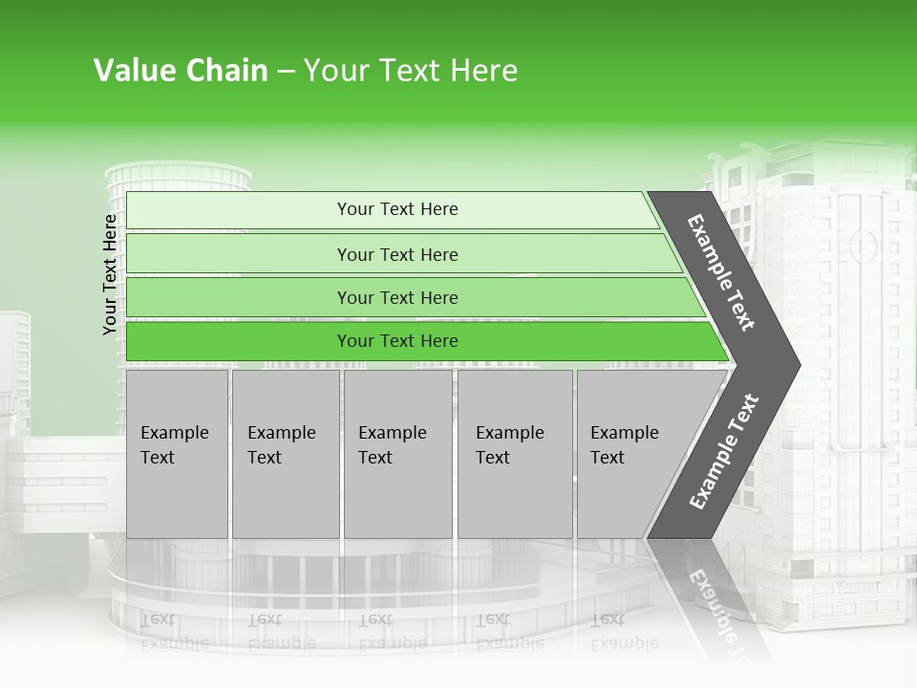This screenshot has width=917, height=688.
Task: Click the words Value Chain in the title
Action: tap(181, 71)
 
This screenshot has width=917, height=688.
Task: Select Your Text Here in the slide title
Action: tap(411, 71)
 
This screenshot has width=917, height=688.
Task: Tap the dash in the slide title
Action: tap(286, 72)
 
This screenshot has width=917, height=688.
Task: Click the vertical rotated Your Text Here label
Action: tap(110, 274)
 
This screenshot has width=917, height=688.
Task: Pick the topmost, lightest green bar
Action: tap(397, 209)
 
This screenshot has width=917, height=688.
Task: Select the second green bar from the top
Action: tap(397, 254)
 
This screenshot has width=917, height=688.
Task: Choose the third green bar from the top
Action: tap(397, 298)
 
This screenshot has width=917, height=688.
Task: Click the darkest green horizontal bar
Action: tap(397, 341)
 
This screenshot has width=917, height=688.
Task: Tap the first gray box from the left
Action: tap(177, 454)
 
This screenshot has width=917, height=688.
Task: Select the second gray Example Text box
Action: tap(285, 454)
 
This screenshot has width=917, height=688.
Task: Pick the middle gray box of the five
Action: tap(397, 454)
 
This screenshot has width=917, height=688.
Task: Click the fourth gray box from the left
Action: tap(514, 454)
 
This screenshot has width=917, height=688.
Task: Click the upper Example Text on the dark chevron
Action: tap(721, 272)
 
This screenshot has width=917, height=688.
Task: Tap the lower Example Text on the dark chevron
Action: tap(724, 451)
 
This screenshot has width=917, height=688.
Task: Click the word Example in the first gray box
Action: tap(174, 433)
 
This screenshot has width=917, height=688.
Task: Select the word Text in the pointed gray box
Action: tap(608, 458)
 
